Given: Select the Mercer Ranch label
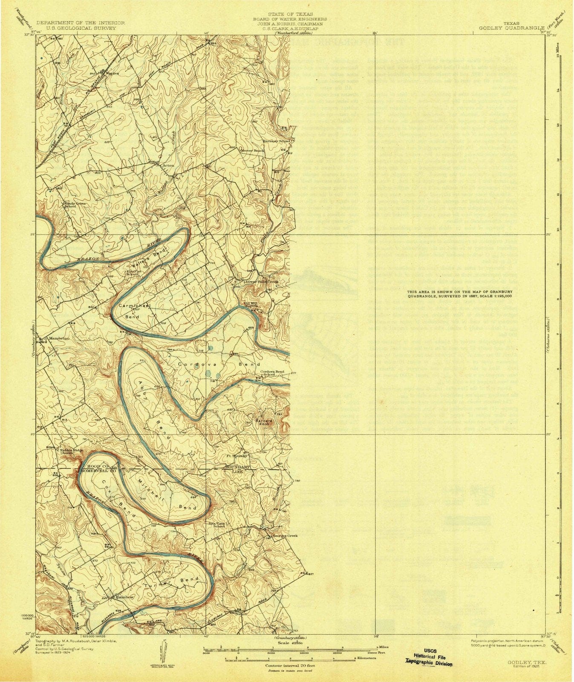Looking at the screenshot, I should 252,150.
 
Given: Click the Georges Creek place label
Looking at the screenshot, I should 284,535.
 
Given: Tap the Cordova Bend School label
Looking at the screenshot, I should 272,373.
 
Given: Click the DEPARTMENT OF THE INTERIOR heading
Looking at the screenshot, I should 81,22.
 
